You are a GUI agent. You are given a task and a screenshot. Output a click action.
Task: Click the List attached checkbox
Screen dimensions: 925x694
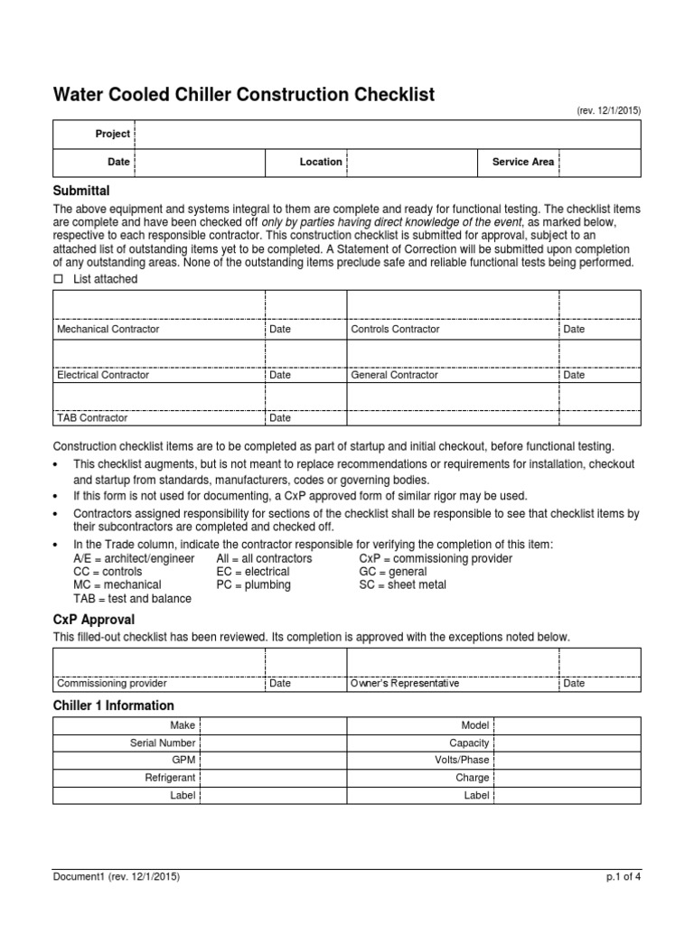[x=59, y=280]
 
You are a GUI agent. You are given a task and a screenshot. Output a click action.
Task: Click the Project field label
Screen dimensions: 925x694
[x=113, y=134]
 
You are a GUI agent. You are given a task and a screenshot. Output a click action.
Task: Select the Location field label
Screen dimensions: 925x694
[x=321, y=162]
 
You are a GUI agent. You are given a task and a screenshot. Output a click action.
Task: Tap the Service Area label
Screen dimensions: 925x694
[x=522, y=162]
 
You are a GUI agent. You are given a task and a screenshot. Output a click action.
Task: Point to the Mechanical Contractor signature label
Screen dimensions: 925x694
[x=108, y=330]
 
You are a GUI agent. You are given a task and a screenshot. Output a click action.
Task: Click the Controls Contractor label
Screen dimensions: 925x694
[x=395, y=330]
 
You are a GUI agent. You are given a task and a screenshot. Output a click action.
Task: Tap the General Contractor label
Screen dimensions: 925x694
[x=394, y=374]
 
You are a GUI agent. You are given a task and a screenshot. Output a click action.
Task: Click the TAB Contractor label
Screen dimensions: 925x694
[x=92, y=418]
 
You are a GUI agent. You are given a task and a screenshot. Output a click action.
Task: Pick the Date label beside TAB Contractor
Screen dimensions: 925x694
[x=280, y=418]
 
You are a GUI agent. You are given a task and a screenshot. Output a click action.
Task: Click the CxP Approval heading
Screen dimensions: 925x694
[x=94, y=620]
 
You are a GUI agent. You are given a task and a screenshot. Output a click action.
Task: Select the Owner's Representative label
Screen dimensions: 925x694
[x=405, y=684]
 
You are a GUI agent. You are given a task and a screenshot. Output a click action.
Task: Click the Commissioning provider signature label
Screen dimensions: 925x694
[x=112, y=684]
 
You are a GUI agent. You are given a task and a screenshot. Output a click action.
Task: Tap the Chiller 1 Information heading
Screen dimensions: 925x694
[x=114, y=705]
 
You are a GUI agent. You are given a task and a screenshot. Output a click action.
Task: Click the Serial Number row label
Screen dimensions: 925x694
[x=163, y=743]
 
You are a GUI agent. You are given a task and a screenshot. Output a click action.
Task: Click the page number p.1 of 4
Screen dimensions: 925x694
[x=624, y=875]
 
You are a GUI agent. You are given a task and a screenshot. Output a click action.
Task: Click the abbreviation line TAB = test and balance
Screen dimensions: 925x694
[x=123, y=598]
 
